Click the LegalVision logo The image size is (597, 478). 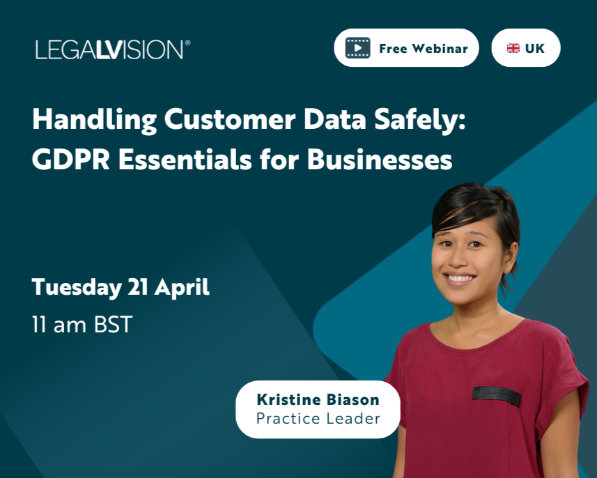pos(110,49)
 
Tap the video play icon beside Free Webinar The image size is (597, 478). pos(358,48)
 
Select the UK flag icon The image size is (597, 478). pos(513,48)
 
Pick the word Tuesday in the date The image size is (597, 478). pos(76,287)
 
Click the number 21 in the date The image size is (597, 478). pos(137,287)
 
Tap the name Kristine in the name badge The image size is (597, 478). pos(286,400)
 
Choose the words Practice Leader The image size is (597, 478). pos(318,419)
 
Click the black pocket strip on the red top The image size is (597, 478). pos(497,396)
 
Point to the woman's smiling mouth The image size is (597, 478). pos(460,279)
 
